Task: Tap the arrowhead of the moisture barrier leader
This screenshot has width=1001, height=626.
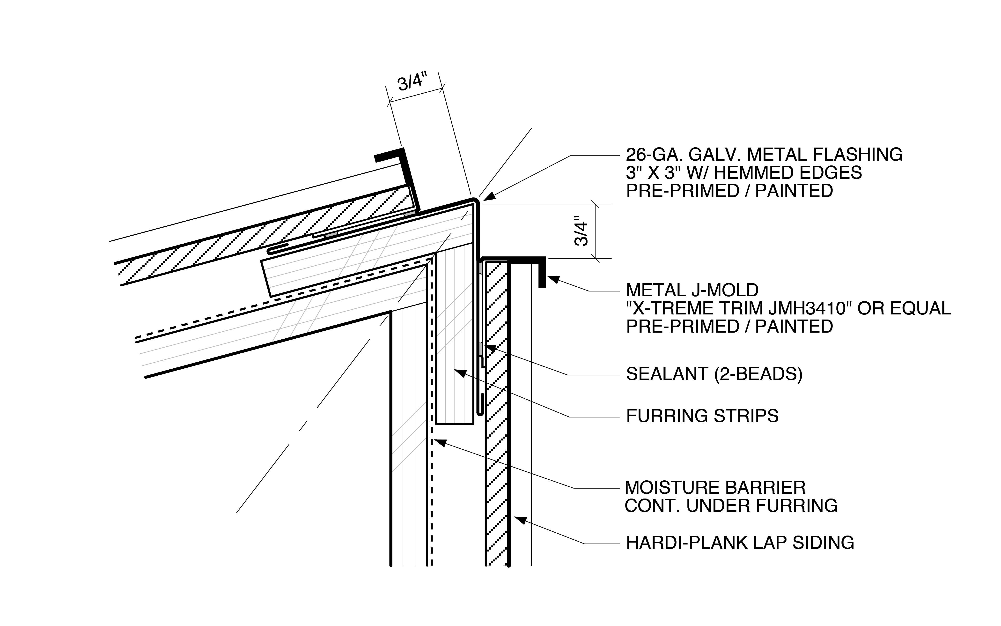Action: coord(440,442)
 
